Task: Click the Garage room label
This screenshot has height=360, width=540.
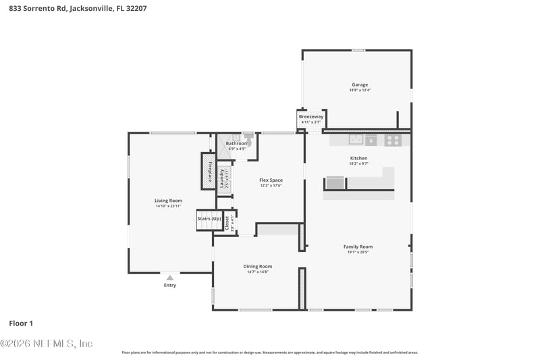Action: coord(359,84)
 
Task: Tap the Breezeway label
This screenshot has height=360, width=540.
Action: coord(311,117)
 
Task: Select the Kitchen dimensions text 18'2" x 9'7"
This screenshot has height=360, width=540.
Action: coord(358,163)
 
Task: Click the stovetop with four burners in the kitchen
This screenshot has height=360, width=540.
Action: coord(392,140)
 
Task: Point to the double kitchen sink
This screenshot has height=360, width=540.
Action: coord(356,140)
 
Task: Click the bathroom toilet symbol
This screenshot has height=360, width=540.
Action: coord(248,136)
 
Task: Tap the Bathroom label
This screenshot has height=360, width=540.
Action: coord(237,143)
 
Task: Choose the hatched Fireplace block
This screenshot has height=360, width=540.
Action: coord(209,172)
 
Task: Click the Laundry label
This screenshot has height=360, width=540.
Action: coord(221,178)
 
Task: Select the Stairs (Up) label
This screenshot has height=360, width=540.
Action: coord(209,219)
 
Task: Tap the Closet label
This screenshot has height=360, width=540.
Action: coord(227,222)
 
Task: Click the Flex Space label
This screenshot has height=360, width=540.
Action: coord(271,180)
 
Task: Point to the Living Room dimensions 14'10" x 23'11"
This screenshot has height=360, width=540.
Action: coord(168,206)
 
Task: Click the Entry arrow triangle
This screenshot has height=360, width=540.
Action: coord(169,277)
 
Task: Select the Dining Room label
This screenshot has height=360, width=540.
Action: coord(257,266)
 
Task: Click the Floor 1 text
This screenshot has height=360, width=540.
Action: coord(21,323)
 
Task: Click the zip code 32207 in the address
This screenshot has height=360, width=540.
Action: coord(135,9)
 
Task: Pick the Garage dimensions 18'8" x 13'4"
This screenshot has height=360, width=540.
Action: coord(359,90)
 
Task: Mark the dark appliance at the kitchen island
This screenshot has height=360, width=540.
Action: coord(335,182)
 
